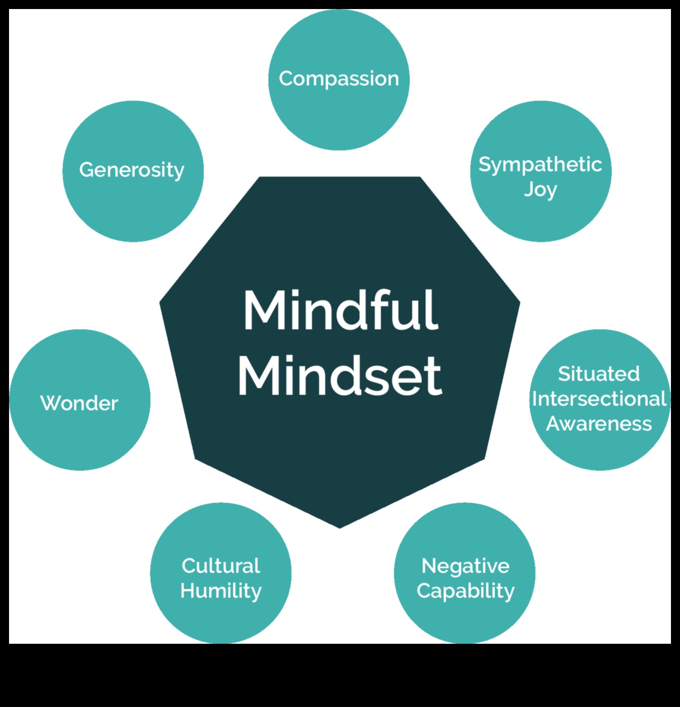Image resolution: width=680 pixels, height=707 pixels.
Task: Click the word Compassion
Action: pyautogui.click(x=339, y=79)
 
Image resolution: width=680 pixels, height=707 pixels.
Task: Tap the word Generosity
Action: pyautogui.click(x=132, y=170)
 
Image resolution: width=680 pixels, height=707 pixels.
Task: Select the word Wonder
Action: pyautogui.click(x=79, y=403)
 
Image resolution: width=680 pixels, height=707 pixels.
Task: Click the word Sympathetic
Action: pyautogui.click(x=540, y=164)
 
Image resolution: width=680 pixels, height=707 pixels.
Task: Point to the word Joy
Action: pyautogui.click(x=540, y=190)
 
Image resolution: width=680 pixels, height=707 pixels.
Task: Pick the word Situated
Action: pyautogui.click(x=599, y=374)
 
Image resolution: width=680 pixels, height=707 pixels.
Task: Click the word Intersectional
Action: pyautogui.click(x=600, y=399)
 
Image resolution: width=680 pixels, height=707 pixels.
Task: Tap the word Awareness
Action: pyautogui.click(x=599, y=424)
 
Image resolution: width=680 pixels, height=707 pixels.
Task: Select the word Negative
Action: pyautogui.click(x=465, y=566)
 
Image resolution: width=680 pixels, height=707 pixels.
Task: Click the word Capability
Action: pyautogui.click(x=465, y=591)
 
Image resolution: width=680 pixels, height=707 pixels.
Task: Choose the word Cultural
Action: pyautogui.click(x=221, y=566)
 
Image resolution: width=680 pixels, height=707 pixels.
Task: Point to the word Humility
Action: pyautogui.click(x=221, y=591)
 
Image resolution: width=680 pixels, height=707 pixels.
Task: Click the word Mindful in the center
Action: pyautogui.click(x=341, y=310)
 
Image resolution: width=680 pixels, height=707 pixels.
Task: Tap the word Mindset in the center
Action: pyautogui.click(x=340, y=376)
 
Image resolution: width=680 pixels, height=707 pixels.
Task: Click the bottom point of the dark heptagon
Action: pyautogui.click(x=340, y=527)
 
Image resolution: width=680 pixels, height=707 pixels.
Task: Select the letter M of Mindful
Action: pyautogui.click(x=261, y=310)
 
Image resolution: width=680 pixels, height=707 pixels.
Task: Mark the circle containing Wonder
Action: pyautogui.click(x=80, y=434)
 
